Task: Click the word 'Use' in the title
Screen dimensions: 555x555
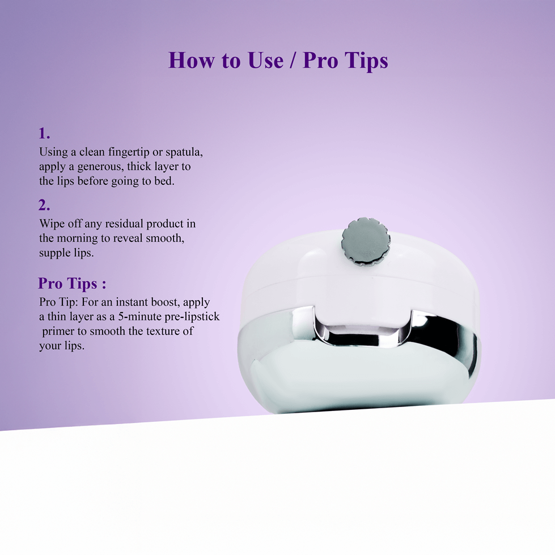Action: pyautogui.click(x=265, y=60)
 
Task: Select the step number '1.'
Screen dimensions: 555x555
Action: pyautogui.click(x=44, y=133)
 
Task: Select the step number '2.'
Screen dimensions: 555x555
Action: pyautogui.click(x=44, y=205)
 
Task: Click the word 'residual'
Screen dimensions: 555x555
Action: pyautogui.click(x=124, y=224)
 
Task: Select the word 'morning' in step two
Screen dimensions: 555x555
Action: pyautogui.click(x=77, y=239)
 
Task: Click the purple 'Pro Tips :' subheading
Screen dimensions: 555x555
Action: pyautogui.click(x=72, y=283)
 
